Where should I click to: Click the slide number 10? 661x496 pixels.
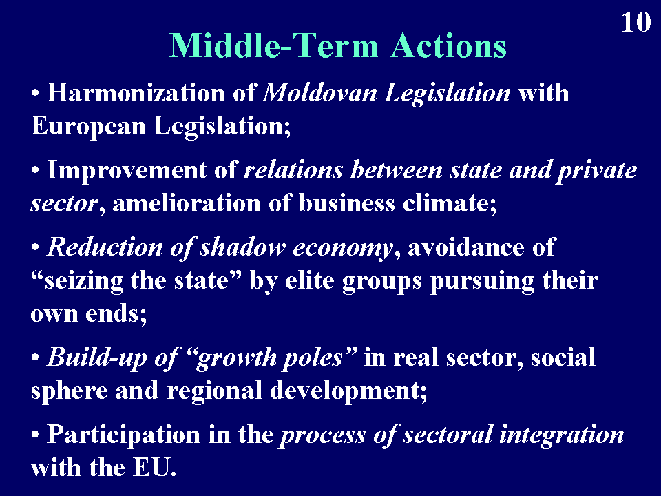point(636,22)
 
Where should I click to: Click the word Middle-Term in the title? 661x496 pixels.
point(273,45)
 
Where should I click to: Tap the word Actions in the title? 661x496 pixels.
point(448,45)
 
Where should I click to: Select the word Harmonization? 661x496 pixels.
point(136,92)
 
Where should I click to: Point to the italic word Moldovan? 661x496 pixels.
point(319,92)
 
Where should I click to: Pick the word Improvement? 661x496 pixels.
point(127,171)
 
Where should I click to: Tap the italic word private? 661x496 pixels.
point(597,171)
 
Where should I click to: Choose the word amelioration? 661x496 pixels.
point(187,203)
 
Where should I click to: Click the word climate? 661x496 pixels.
point(450,203)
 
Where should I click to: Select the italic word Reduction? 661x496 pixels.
point(105,247)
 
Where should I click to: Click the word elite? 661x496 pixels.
point(309,280)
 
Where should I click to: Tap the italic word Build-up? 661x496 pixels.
point(96,358)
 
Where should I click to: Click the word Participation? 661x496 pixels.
point(123,435)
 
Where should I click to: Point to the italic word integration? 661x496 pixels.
point(562,435)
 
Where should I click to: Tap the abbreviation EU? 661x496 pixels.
point(155,467)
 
